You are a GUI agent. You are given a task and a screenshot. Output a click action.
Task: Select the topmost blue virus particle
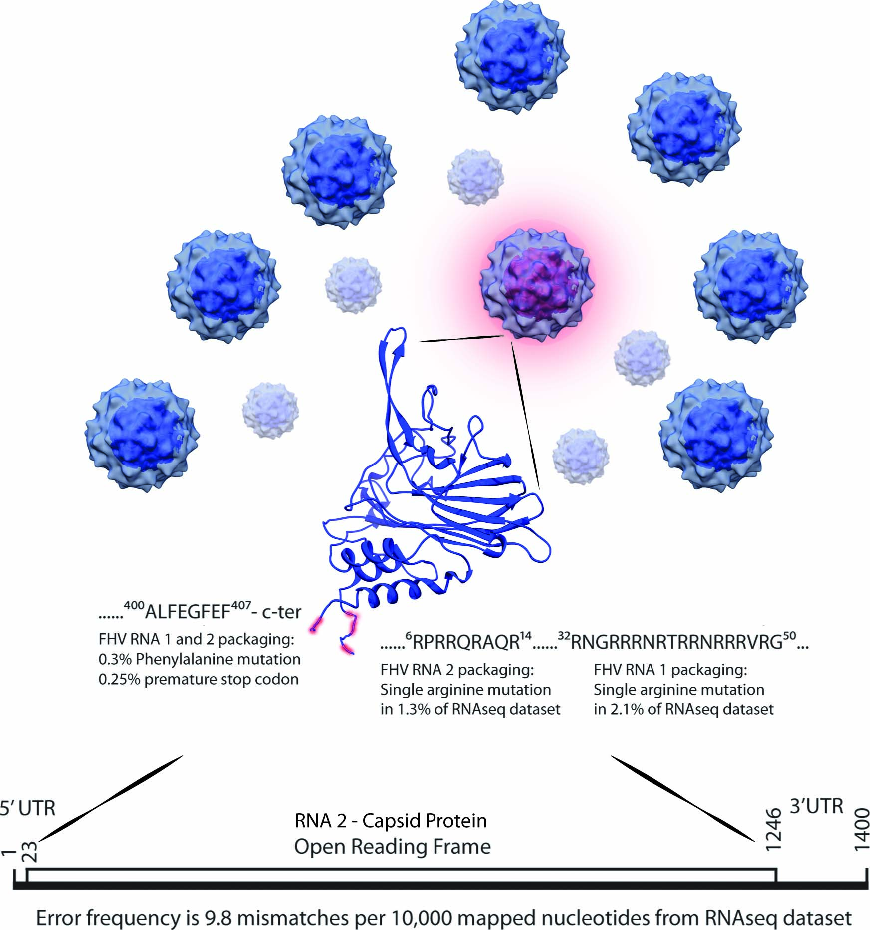[x=512, y=55]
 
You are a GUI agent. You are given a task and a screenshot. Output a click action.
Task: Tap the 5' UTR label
[x=27, y=808]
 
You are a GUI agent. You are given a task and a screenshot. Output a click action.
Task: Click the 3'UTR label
[x=816, y=806]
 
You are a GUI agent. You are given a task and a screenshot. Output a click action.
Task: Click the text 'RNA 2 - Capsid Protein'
[x=391, y=821]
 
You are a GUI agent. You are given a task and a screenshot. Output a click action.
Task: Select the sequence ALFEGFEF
[x=187, y=612]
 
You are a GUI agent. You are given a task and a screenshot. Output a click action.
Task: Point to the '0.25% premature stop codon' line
[x=199, y=679]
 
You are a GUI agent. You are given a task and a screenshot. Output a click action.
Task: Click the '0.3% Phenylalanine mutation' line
[x=200, y=659]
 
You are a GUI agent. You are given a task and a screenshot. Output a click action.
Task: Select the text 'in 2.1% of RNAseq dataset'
[x=683, y=709]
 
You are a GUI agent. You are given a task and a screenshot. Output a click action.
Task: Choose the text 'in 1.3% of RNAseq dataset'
[x=470, y=709]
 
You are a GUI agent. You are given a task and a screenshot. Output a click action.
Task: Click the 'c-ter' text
[x=281, y=612]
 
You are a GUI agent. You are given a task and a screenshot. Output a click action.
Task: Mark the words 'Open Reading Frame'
[x=392, y=847]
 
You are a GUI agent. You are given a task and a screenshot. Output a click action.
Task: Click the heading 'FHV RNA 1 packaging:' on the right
[x=670, y=670]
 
